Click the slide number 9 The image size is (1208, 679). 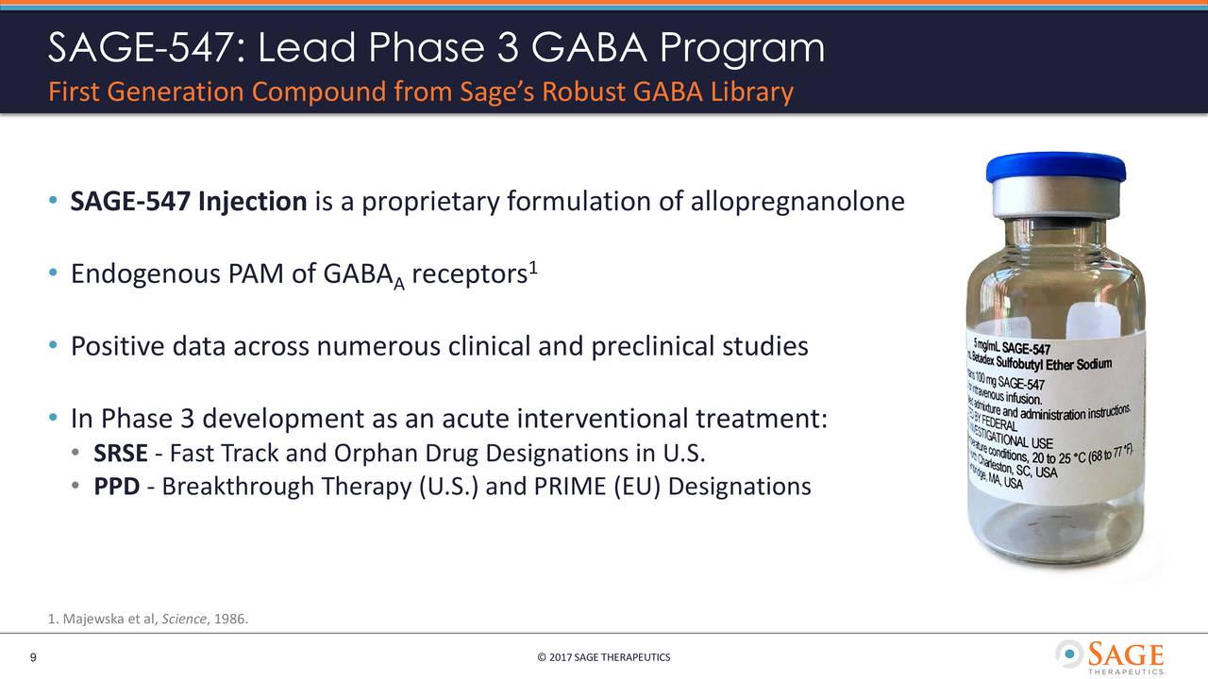pyautogui.click(x=33, y=657)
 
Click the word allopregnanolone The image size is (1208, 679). pyautogui.click(x=797, y=202)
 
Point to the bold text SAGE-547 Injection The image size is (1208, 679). pyautogui.click(x=189, y=202)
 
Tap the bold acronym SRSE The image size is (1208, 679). pyautogui.click(x=120, y=454)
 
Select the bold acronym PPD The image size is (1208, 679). pyautogui.click(x=117, y=487)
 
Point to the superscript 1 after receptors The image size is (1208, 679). pyautogui.click(x=533, y=269)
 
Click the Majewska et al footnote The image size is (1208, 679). pyautogui.click(x=149, y=619)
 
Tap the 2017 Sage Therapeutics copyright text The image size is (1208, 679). pyautogui.click(x=603, y=657)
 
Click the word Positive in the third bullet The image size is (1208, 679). pyautogui.click(x=118, y=347)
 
